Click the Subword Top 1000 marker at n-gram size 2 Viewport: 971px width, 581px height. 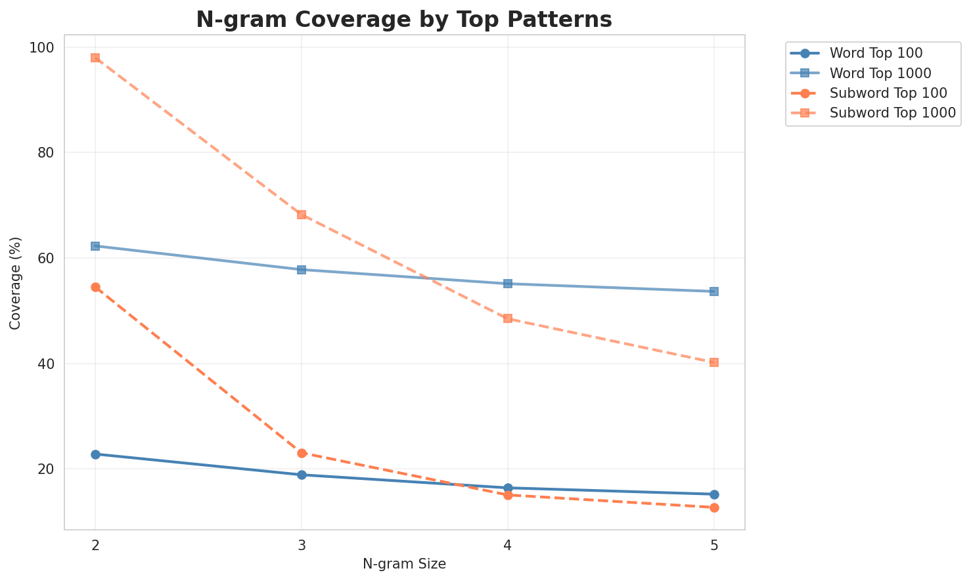[95, 58]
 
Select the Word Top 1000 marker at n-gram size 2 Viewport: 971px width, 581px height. [95, 246]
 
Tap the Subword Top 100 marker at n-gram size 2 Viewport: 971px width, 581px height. [95, 287]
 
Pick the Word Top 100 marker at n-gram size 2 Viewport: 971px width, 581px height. [95, 454]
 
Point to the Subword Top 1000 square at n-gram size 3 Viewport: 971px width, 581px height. [302, 215]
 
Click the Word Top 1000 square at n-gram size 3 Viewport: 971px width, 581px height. [302, 270]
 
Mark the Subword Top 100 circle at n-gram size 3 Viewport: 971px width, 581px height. [302, 453]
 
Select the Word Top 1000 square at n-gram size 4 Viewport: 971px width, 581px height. [508, 284]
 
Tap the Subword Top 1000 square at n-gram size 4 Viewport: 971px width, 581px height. [508, 318]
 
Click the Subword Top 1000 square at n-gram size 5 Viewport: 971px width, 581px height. [714, 362]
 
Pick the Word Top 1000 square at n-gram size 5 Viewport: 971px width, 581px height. [714, 291]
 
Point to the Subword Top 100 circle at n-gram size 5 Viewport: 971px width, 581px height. [714, 507]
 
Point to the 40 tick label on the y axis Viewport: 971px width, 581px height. [46, 364]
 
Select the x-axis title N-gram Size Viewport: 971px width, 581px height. [404, 564]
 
